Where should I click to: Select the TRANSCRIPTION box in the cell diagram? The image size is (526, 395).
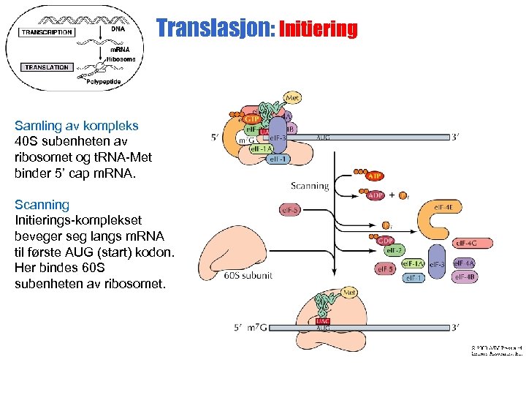point(47,32)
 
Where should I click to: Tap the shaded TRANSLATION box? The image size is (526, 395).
point(47,67)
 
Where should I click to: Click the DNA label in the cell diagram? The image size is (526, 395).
point(118,29)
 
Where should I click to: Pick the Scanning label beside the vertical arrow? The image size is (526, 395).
point(310,186)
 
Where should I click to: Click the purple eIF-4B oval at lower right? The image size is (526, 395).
point(466,276)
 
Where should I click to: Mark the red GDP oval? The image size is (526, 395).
point(385,239)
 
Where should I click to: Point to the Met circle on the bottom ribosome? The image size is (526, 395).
point(350,293)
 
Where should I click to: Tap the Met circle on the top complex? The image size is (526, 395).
point(292,97)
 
